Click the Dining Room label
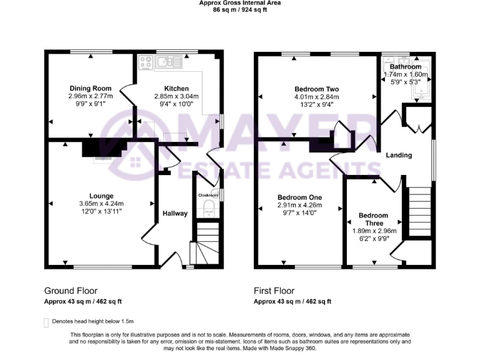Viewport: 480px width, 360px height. tap(91, 88)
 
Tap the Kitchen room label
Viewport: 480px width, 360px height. tap(176, 88)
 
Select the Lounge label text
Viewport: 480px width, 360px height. tap(101, 196)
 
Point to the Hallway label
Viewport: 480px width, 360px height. tap(175, 213)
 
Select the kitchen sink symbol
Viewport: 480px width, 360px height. tap(169, 61)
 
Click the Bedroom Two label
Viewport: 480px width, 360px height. tap(316, 89)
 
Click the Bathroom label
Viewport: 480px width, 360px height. tap(406, 66)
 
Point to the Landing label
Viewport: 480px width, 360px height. tap(398, 155)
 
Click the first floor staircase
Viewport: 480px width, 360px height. tap(419, 212)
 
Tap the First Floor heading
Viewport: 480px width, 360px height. tap(274, 291)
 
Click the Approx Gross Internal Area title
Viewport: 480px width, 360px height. tap(240, 3)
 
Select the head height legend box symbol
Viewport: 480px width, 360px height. tap(46, 322)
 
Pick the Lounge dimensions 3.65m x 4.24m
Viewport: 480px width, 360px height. tap(101, 204)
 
